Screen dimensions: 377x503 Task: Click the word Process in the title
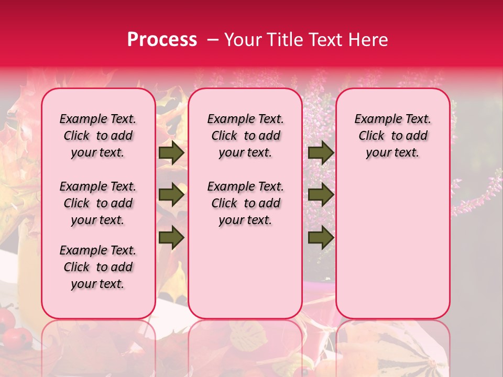162,40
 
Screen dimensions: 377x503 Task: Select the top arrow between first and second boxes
171,153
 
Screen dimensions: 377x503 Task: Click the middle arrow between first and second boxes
171,195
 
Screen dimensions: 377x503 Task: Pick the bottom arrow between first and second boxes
171,238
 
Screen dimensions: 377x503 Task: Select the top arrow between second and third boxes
321,153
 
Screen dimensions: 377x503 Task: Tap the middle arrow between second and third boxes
321,195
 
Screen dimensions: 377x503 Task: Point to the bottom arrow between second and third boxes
321,238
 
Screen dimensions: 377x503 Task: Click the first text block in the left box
98,136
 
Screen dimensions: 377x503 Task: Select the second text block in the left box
98,203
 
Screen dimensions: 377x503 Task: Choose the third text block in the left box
98,267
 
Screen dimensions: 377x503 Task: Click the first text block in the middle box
245,136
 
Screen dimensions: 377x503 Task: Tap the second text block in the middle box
245,203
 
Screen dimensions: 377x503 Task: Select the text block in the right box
392,136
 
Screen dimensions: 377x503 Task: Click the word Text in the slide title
322,40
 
